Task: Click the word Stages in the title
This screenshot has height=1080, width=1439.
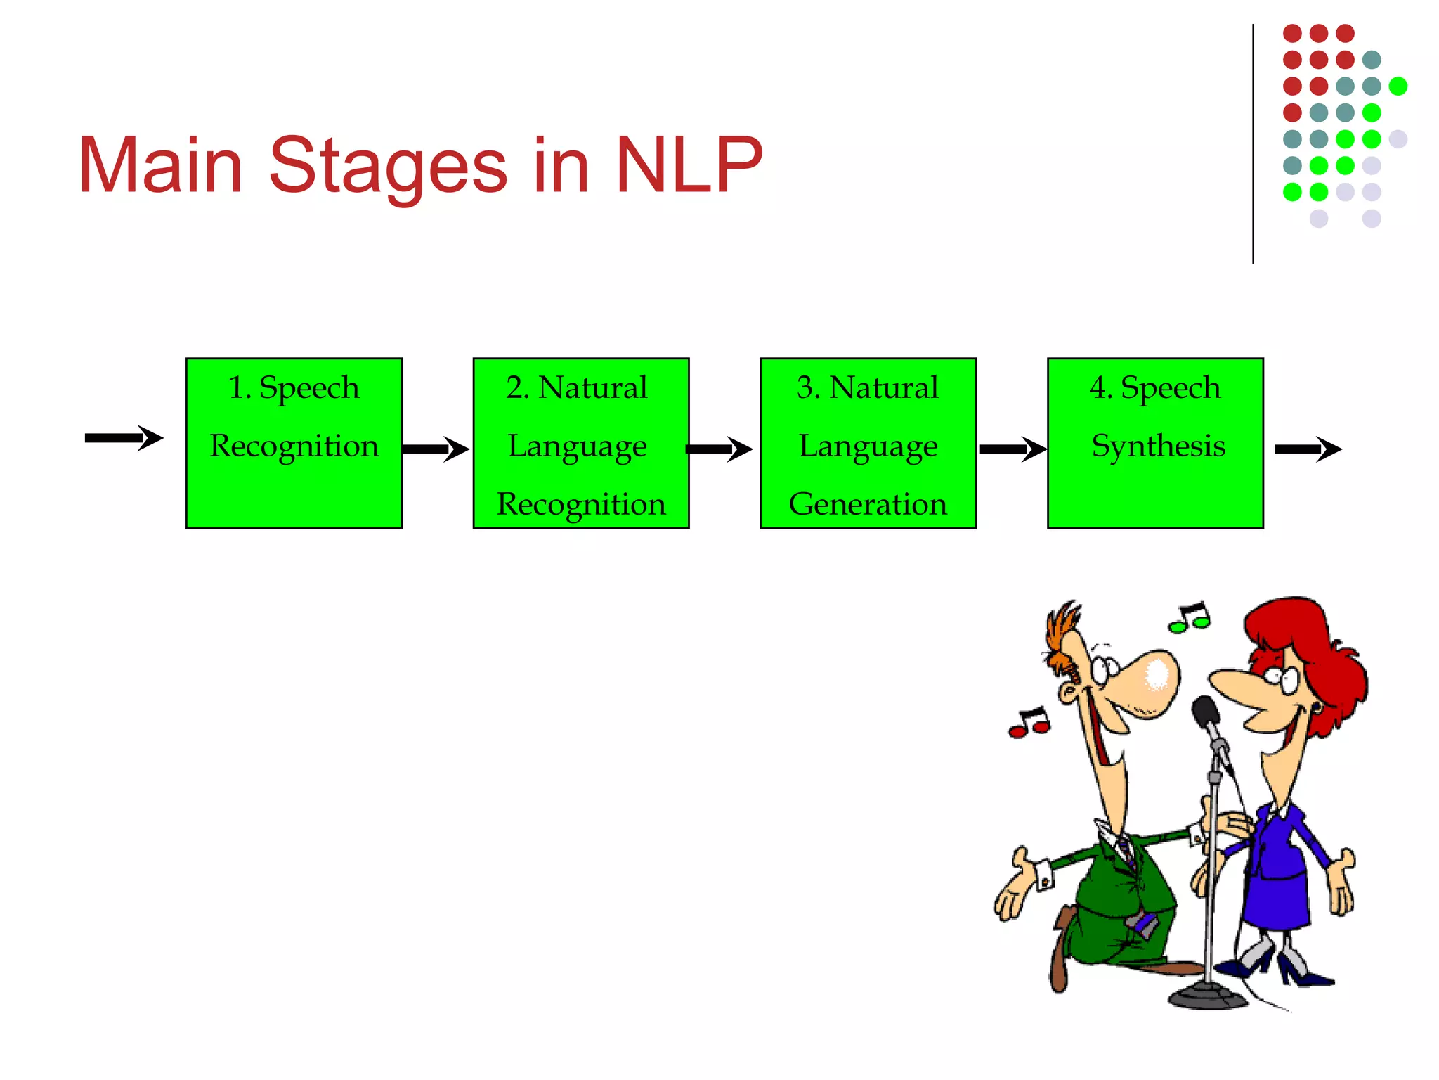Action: coord(387,166)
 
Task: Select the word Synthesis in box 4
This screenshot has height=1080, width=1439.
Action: coord(1158,446)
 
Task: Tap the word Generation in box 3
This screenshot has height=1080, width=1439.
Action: coord(868,504)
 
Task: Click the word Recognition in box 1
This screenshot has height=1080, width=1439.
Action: coord(294,446)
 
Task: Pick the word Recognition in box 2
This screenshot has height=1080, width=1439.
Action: coord(581,504)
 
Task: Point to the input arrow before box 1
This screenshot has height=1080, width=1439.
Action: coord(124,438)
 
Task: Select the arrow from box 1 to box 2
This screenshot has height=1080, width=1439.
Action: coord(436,449)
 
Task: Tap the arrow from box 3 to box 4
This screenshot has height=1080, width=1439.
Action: coord(1012,449)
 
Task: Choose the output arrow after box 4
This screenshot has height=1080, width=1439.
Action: coord(1308,449)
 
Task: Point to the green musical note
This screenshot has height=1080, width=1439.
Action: coord(1190,618)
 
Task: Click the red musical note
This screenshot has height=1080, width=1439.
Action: coord(1030,724)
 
